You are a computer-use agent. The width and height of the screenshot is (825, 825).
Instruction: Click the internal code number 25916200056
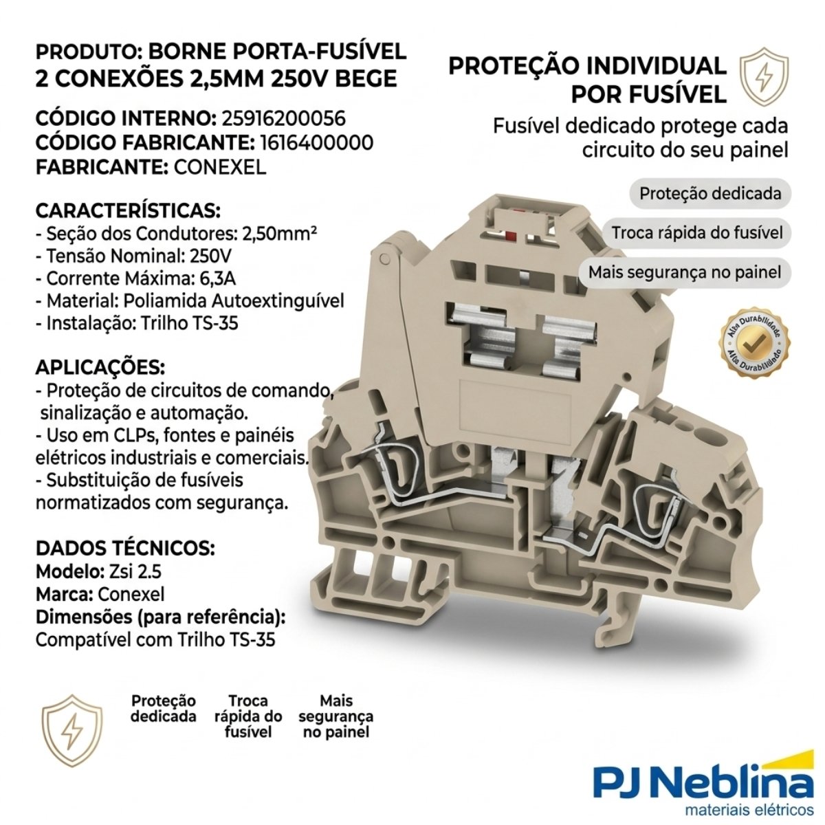tap(283, 118)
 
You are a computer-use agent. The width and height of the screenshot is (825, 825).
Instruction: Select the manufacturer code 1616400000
tap(317, 142)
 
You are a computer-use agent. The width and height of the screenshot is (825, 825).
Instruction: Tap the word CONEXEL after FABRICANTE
tap(219, 167)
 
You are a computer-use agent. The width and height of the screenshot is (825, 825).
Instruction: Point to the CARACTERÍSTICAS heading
tap(128, 210)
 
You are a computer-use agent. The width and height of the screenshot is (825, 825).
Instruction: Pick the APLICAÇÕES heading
tap(100, 367)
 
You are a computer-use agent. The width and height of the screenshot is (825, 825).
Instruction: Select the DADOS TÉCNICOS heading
tap(125, 548)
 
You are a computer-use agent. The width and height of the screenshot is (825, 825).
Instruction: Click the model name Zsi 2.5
tap(135, 571)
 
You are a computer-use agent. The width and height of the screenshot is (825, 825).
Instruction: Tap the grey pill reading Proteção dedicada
tap(709, 193)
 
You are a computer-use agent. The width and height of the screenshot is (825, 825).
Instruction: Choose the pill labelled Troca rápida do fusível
tap(696, 233)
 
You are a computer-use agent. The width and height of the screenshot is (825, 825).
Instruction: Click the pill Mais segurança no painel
tap(685, 272)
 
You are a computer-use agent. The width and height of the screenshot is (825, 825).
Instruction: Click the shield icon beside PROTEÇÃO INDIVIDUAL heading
tap(764, 77)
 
